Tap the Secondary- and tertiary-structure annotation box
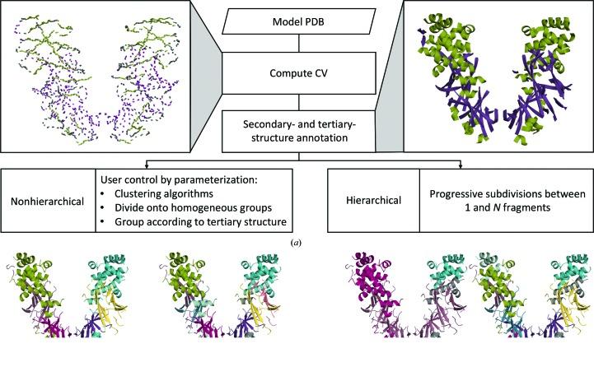297,130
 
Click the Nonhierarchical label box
47,200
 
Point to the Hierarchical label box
374,200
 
